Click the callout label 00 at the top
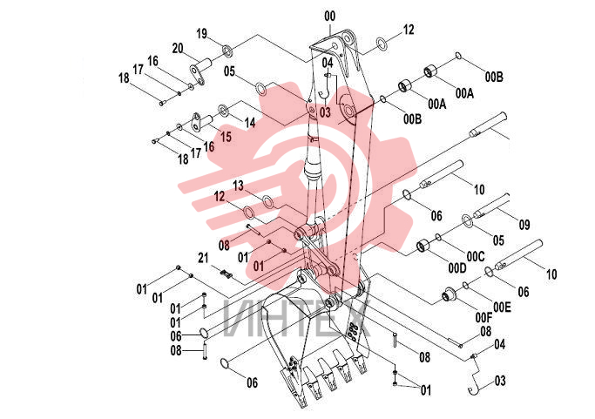pos(330,17)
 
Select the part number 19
pos(202,34)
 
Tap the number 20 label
pos(178,49)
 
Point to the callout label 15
pos(226,137)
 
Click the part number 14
pos(250,123)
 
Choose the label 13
pos(238,186)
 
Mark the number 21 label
pos(203,258)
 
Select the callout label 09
pos(524,225)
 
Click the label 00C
pos(476,257)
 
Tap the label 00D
pos(457,268)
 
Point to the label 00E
pos(502,307)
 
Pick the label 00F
pos(483,317)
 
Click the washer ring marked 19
pos(228,50)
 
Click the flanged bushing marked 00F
pos(448,295)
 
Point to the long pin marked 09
pos(490,206)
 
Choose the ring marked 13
pos(267,201)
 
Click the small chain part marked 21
pos(227,274)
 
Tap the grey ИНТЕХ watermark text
pos(297,318)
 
